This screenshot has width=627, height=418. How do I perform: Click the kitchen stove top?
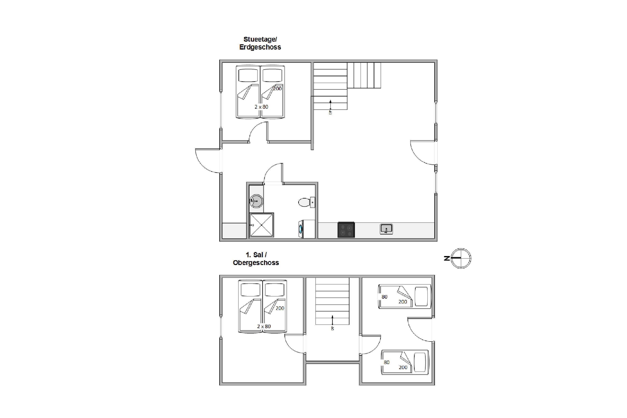point(346,229)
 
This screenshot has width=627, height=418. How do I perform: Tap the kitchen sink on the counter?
point(386,229)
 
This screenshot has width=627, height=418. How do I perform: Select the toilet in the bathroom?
point(307,202)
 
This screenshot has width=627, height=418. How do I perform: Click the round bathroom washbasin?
point(256,201)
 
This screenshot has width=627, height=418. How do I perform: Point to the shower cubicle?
point(261,225)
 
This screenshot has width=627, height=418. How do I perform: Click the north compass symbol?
point(461,258)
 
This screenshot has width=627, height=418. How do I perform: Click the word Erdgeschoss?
point(260,47)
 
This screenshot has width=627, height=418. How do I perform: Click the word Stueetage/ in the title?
point(260,39)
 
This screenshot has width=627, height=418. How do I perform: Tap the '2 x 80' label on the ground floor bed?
point(261,107)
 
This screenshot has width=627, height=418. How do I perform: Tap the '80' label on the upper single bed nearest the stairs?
point(384,297)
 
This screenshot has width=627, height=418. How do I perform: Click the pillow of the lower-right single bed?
point(420,362)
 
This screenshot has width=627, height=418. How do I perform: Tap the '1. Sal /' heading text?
point(256,255)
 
